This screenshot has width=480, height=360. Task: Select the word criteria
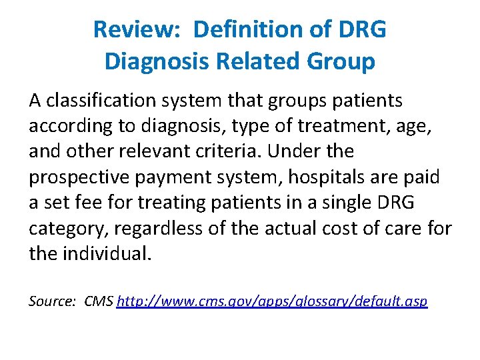click(x=230, y=152)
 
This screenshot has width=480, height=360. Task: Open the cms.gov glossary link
click(x=272, y=302)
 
